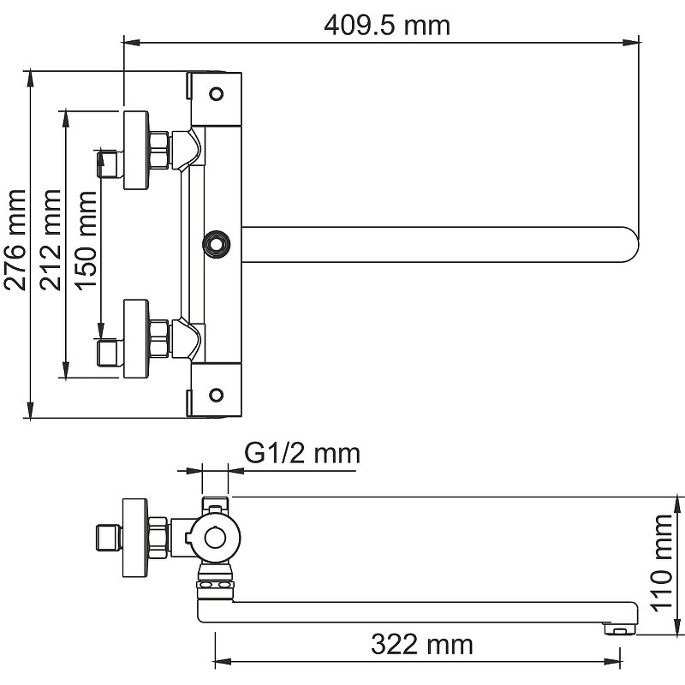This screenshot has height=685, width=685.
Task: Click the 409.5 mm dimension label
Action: (x=387, y=26)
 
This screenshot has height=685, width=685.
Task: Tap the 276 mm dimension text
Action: (x=15, y=240)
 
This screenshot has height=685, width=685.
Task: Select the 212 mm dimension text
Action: (x=51, y=240)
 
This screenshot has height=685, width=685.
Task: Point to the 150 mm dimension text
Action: (x=85, y=240)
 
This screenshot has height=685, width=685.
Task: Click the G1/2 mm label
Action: (x=302, y=454)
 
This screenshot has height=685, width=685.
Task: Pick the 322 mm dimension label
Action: (x=422, y=645)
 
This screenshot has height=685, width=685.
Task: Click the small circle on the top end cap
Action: (x=217, y=93)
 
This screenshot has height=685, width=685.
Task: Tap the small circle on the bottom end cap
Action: (x=217, y=395)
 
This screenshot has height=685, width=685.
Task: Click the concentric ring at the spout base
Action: (x=217, y=243)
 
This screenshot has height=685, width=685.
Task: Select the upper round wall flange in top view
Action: (x=136, y=151)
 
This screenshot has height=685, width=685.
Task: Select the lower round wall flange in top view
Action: (x=136, y=338)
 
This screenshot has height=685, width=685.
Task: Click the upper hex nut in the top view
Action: (x=159, y=149)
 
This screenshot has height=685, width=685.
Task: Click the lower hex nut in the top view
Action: (x=159, y=339)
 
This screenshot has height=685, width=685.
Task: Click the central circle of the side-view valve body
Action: (x=216, y=539)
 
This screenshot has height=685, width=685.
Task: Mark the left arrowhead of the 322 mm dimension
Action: (x=223, y=662)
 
